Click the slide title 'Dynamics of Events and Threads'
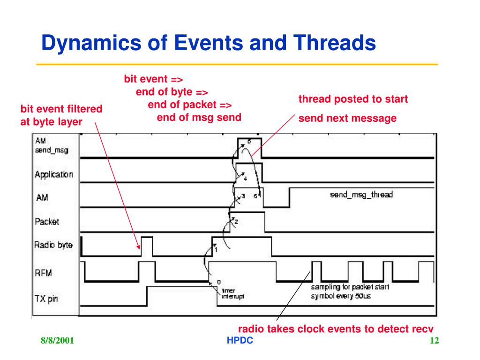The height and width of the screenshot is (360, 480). click(x=209, y=44)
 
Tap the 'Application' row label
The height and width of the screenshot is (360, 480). click(x=54, y=175)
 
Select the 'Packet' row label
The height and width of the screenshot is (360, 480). click(x=47, y=221)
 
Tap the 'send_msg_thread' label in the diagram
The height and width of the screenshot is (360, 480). click(x=361, y=195)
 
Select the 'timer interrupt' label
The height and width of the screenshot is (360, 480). click(x=230, y=293)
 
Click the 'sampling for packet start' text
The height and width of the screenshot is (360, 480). click(x=350, y=286)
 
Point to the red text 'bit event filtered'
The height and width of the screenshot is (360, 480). click(x=61, y=109)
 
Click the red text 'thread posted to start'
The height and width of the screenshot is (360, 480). click(x=353, y=99)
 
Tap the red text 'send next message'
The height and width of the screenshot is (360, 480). click(x=347, y=118)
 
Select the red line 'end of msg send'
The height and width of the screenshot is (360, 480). click(x=199, y=117)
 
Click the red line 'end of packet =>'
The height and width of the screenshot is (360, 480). click(x=190, y=104)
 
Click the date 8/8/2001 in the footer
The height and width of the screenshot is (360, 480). click(x=57, y=341)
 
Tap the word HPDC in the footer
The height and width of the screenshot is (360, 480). click(x=240, y=341)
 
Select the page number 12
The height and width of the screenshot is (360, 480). click(x=434, y=341)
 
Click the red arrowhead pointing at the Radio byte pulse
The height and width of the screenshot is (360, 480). click(x=139, y=247)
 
